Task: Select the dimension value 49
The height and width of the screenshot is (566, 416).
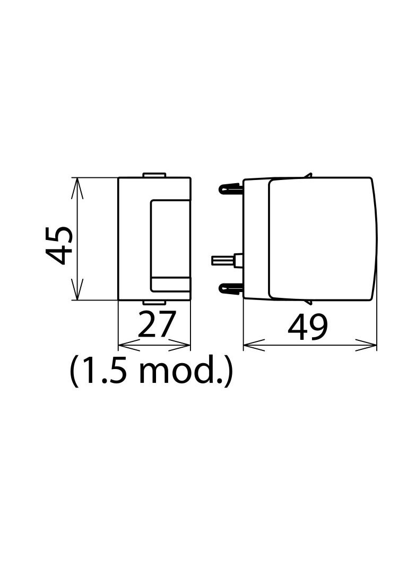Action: pos(308,327)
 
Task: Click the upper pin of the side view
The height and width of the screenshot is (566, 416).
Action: pos(230,188)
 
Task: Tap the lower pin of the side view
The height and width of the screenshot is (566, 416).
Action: pos(230,288)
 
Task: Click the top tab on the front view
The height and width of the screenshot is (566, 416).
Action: pos(154,175)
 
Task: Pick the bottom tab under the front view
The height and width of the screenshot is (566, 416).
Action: pos(154,302)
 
